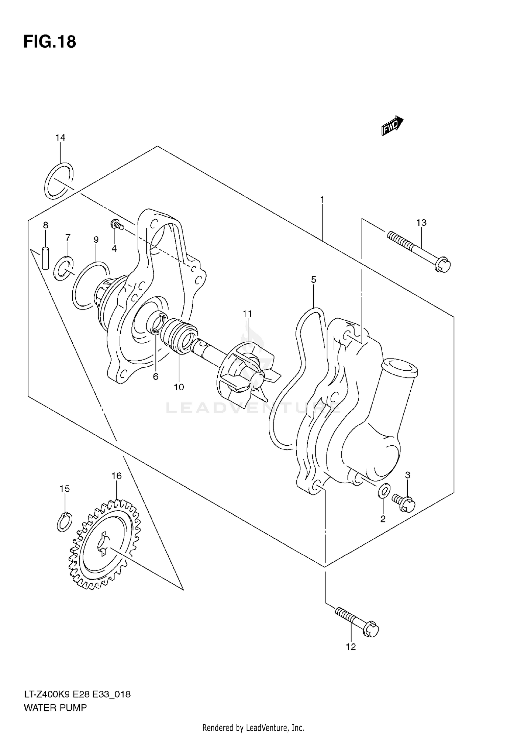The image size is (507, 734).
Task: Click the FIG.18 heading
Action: tap(50, 42)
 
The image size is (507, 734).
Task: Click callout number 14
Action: tap(60, 138)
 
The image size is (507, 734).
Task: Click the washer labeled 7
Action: tap(64, 268)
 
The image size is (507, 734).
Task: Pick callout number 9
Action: tap(96, 240)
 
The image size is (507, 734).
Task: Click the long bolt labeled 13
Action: tap(419, 250)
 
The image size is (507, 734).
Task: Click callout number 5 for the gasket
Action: tap(313, 279)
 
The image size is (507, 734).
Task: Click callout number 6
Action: tap(155, 376)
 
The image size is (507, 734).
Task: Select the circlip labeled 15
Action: tap(64, 522)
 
